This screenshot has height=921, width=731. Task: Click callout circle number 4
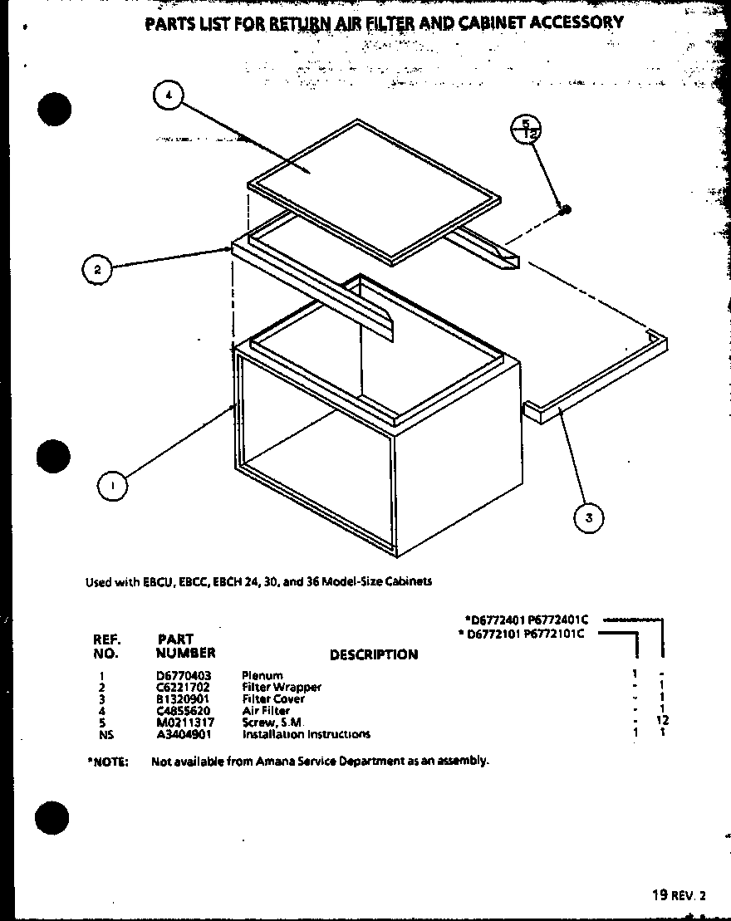169,96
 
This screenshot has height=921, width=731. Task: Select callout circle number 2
97,268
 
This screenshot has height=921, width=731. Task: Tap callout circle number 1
112,484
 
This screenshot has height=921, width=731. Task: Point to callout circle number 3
588,518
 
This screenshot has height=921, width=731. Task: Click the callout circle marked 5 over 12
526,129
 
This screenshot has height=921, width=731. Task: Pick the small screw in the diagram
564,208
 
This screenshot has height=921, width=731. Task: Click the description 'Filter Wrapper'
282,688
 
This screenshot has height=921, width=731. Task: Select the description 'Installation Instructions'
306,734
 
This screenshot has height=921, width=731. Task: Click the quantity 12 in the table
662,721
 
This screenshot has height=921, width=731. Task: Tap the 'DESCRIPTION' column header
373,655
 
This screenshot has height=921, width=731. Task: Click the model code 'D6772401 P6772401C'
527,620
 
